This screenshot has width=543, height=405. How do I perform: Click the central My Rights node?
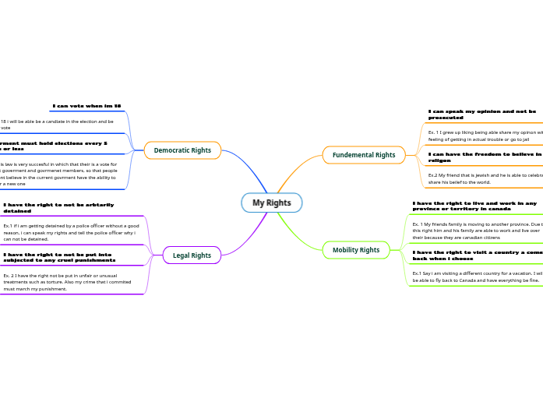271,202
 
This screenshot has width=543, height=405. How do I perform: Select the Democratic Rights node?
182,150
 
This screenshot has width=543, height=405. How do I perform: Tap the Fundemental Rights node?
364,155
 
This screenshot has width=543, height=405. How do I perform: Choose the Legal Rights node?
192,255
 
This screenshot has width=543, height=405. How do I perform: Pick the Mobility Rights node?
356,250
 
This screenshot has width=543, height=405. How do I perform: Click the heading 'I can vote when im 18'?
86,106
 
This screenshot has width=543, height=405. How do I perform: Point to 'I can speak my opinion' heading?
482,114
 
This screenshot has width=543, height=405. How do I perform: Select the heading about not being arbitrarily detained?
58,207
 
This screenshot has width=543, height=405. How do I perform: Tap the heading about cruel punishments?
59,257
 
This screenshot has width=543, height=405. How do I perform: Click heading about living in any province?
474,206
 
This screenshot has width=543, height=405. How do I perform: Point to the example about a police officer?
70,232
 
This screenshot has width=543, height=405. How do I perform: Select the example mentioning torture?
67,282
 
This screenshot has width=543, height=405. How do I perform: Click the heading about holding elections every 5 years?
54,146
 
